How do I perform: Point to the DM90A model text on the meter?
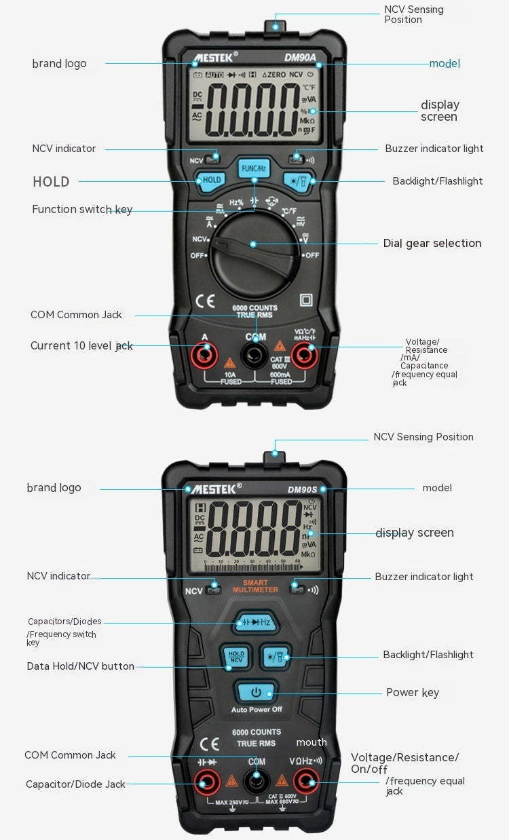[x=299, y=58]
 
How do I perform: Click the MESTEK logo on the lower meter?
[x=214, y=489]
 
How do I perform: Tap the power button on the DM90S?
[x=256, y=693]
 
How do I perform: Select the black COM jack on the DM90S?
[x=256, y=783]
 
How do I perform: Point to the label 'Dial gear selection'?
[x=432, y=243]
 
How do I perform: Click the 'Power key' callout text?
[x=413, y=693]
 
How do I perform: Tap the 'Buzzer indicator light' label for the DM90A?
[x=434, y=149]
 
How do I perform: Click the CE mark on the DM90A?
[x=205, y=301]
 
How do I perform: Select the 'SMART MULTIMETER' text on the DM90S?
[x=255, y=586]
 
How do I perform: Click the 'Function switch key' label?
[x=82, y=209]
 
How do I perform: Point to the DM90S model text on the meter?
[x=302, y=489]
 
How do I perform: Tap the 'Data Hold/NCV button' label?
[x=81, y=666]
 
